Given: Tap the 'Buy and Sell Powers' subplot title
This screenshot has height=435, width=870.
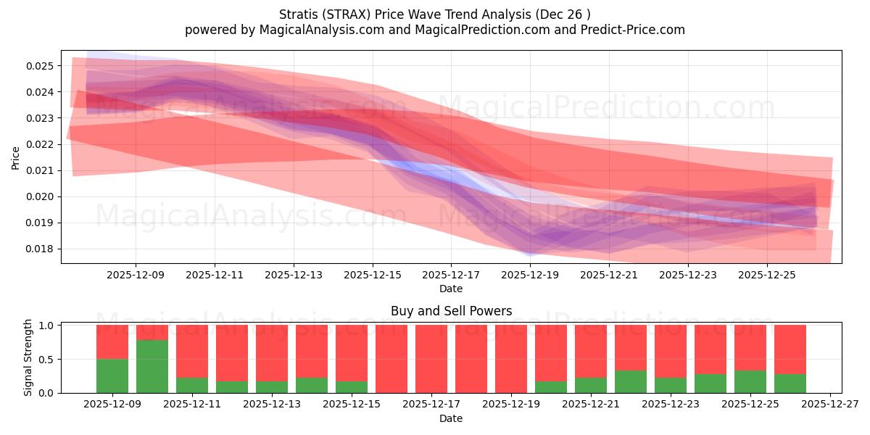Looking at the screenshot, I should point(451,311).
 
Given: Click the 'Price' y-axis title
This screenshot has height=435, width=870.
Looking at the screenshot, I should point(16,158).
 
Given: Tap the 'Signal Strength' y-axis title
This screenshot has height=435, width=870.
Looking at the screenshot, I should point(28,358).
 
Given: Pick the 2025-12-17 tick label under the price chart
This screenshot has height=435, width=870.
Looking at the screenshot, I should point(451,275).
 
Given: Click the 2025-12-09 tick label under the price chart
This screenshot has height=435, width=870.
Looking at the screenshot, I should point(136,275).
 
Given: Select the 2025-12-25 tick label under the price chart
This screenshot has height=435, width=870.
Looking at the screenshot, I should point(767,275).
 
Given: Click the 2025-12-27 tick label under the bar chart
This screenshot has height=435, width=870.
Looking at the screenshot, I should point(829,405).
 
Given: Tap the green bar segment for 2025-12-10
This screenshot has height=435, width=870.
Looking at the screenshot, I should point(152,366).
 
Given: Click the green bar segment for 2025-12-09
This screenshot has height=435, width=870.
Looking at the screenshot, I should point(112,376).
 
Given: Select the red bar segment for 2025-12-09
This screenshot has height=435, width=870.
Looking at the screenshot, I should point(112,341).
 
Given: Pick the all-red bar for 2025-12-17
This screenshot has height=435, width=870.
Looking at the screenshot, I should point(431,359).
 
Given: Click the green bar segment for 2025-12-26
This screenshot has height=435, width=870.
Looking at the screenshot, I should point(790,384).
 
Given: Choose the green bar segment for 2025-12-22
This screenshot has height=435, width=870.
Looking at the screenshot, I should point(631,382).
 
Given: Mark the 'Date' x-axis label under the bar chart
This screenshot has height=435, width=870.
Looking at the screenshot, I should point(451,418).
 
